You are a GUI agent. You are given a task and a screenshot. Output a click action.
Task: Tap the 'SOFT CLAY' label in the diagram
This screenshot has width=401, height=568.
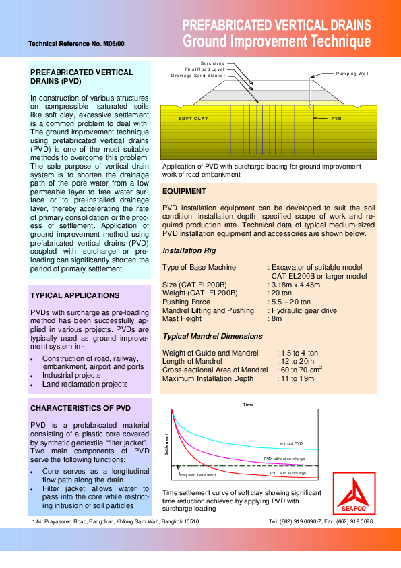pos(193,118)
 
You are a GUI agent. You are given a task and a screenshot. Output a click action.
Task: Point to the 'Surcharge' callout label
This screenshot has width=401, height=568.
pos(212,63)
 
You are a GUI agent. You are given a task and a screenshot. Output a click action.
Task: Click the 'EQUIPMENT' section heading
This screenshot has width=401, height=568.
pos(185,192)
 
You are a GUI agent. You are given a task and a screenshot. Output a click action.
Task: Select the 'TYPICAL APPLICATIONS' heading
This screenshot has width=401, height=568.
pos(75,295)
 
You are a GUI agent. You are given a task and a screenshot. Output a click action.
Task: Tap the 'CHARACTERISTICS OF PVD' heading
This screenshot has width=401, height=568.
pos(80,409)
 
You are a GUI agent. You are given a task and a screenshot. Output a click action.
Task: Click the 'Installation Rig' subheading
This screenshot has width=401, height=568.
pos(189,250)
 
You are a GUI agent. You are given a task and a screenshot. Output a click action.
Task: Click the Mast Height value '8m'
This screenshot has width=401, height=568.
pos(276,319)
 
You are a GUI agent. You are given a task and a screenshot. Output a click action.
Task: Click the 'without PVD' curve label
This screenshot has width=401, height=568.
pos(292,443)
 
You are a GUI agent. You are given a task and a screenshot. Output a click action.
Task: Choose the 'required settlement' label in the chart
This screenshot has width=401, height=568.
pos(197,475)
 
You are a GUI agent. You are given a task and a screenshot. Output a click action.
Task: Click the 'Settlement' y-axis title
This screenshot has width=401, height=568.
pos(166,445)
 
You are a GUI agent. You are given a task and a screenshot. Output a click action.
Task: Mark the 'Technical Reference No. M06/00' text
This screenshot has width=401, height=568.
pos(76,45)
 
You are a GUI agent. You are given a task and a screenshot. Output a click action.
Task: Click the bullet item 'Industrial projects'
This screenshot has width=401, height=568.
pos(71,375)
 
